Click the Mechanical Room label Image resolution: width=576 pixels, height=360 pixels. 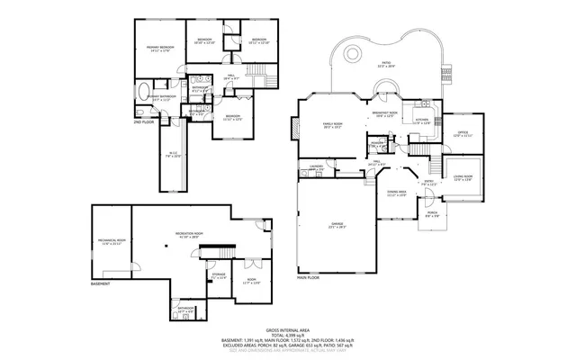pos(111,241)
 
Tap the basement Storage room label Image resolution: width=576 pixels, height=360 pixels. pos(218,275)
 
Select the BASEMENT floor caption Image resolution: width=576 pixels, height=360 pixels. pos(102,285)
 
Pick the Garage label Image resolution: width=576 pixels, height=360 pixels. pos(337,225)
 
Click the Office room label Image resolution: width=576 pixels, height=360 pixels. pos(463,133)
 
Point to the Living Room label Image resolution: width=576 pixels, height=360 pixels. pos(463,177)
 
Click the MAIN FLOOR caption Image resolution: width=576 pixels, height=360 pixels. pos(310,278)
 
